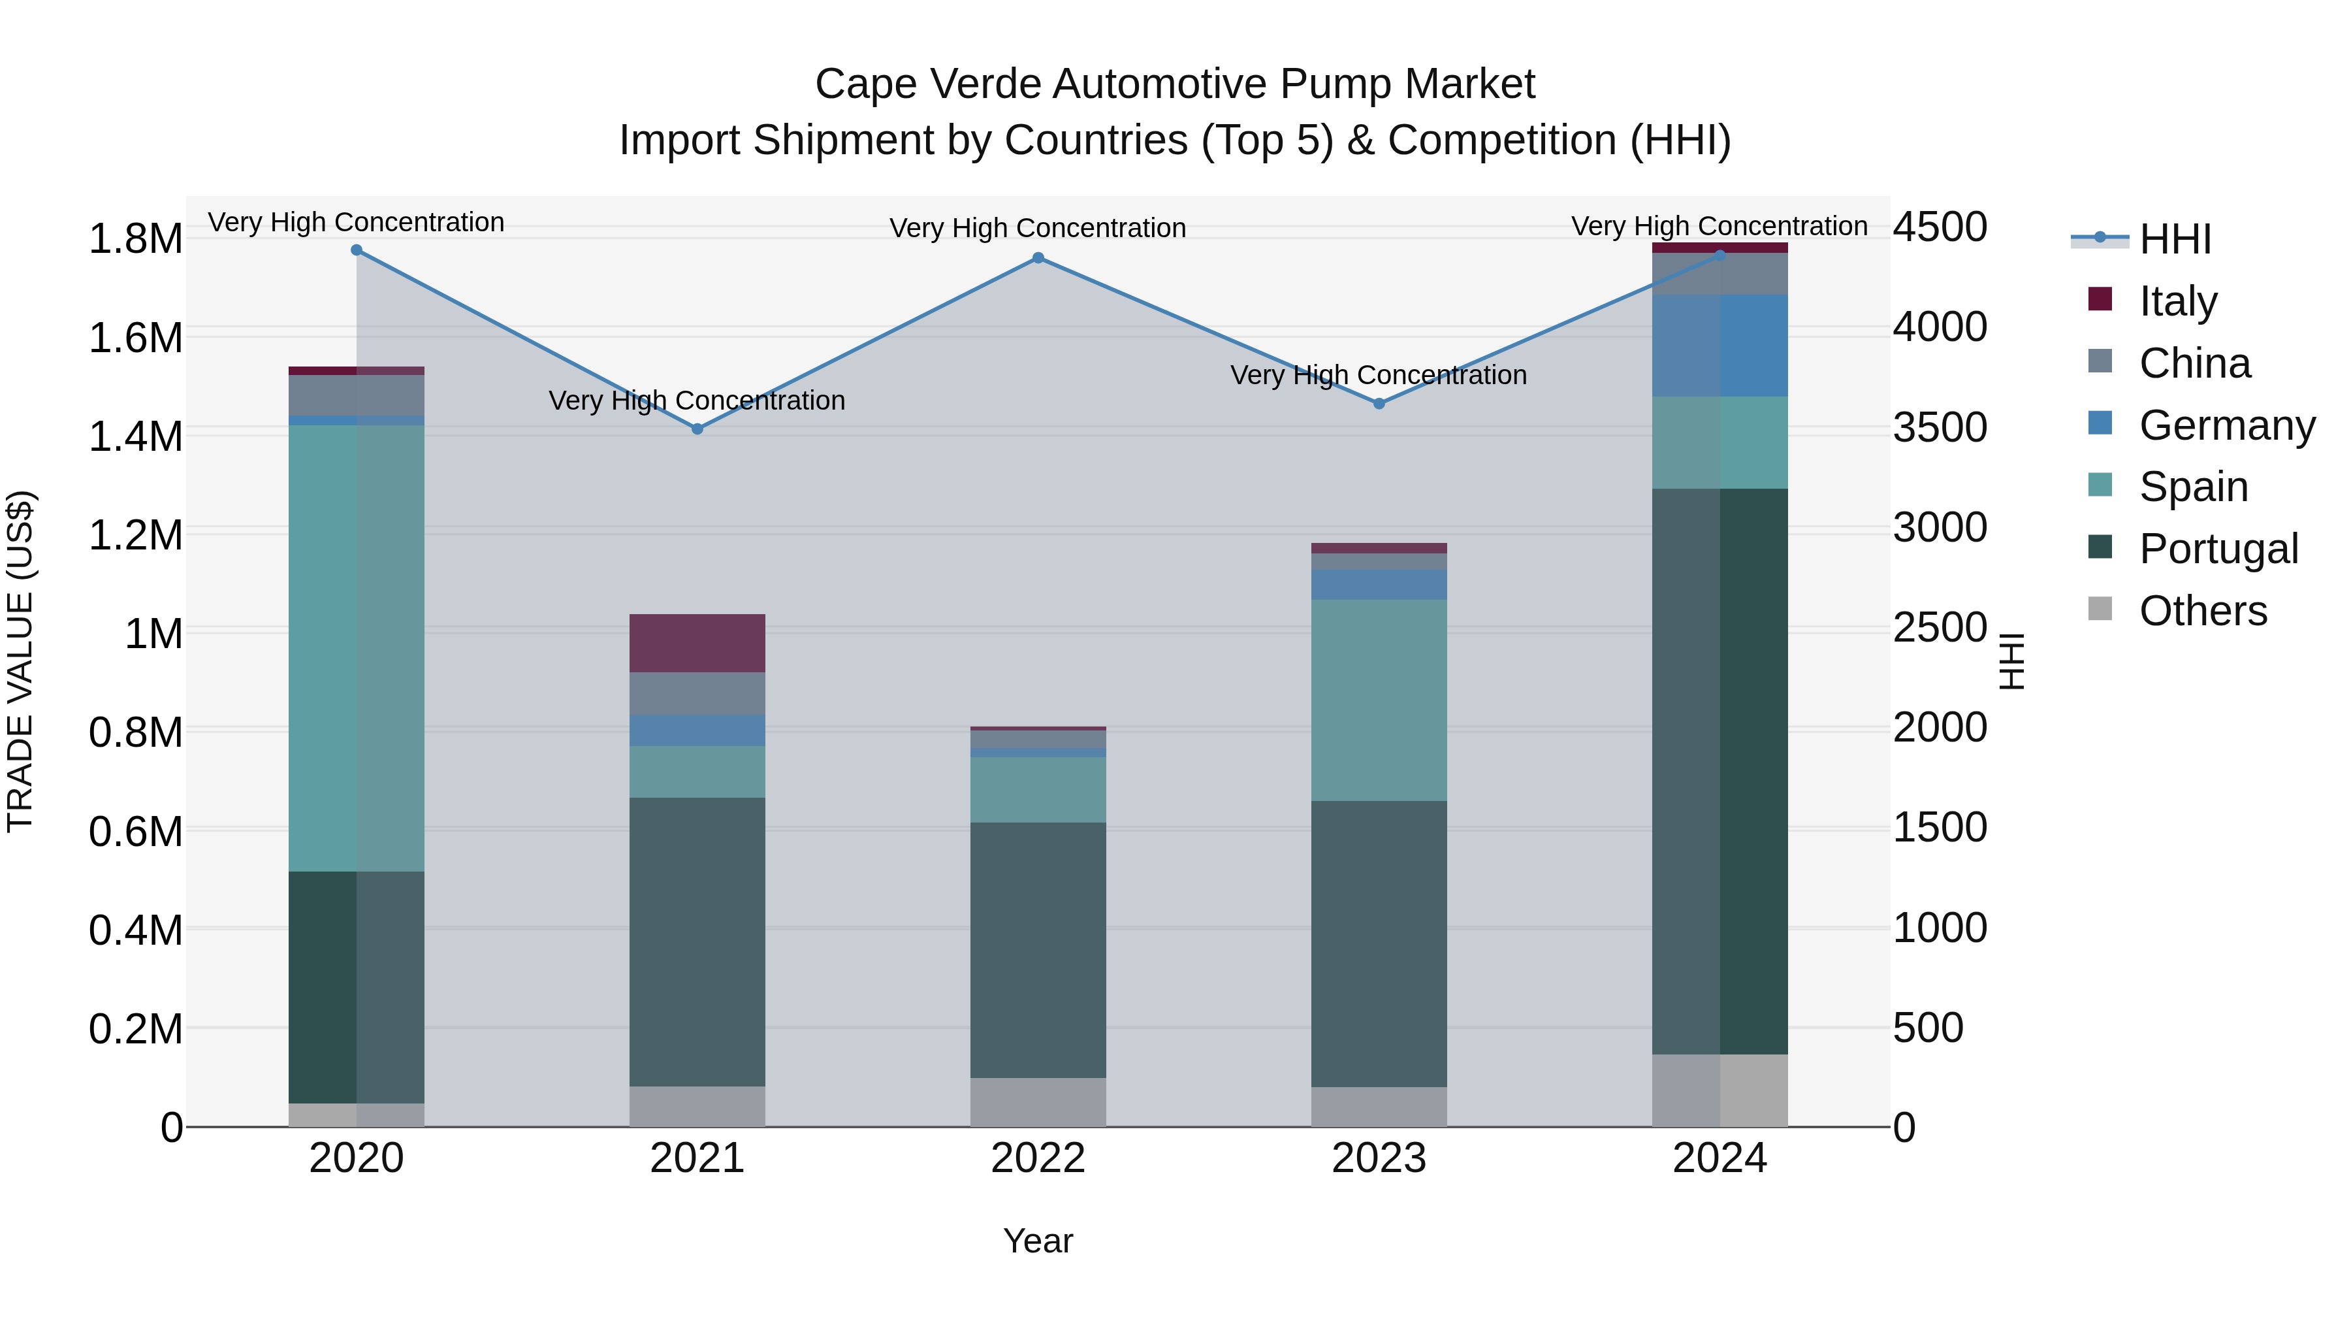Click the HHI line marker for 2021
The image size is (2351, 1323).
click(697, 429)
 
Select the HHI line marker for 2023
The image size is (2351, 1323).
click(1379, 404)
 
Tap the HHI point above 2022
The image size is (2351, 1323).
click(1038, 258)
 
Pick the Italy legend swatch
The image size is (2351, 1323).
click(2100, 299)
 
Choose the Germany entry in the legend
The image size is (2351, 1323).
click(2226, 425)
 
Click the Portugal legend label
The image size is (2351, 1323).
click(2218, 549)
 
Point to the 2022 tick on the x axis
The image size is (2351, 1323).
click(1038, 1158)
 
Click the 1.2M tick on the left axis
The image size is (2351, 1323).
click(135, 535)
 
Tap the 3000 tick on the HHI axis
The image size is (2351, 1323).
click(1940, 528)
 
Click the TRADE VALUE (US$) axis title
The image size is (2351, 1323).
click(20, 661)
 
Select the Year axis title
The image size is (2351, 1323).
click(1038, 1241)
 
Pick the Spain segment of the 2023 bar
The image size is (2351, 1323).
click(1379, 700)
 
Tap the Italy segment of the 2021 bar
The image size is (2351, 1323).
click(697, 643)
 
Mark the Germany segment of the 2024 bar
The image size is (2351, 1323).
click(1719, 346)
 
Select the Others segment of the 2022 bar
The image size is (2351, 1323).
click(1038, 1102)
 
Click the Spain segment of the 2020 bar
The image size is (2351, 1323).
click(356, 648)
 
